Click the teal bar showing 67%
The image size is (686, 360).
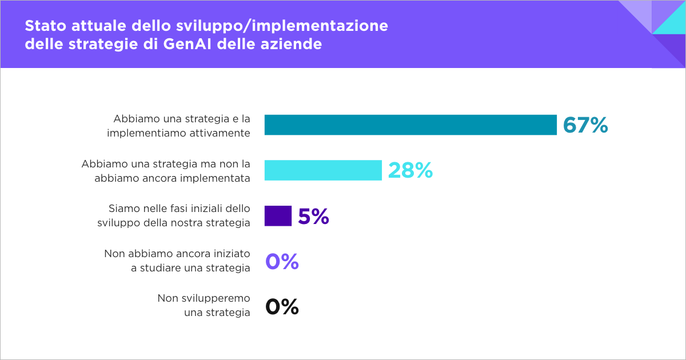coord(410,125)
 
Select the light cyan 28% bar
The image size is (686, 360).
coord(323,170)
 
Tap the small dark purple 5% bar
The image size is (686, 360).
coord(278,216)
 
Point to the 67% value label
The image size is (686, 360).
coord(585,125)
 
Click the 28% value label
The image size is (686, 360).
coord(410,171)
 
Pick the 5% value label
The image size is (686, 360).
coord(313,217)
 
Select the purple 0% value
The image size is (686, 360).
coord(282,262)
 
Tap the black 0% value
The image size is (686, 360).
coord(282,307)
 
